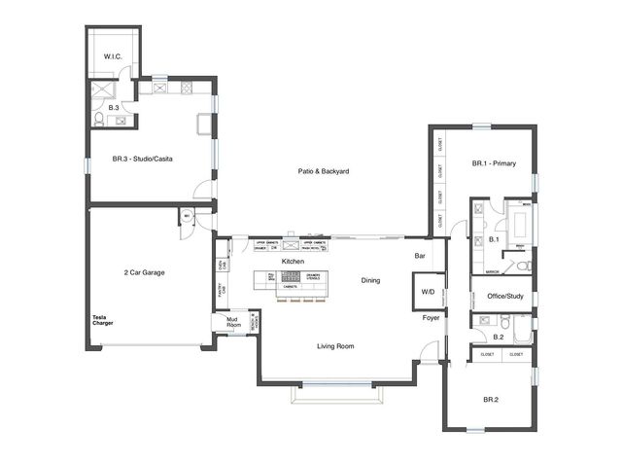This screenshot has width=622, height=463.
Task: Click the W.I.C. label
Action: pos(113,57)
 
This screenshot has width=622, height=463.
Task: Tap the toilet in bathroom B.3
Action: pos(99,121)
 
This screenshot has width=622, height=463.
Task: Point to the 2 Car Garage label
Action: pos(144,273)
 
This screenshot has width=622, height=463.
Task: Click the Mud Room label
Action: pos(233,322)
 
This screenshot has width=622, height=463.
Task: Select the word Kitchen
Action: pos(294,262)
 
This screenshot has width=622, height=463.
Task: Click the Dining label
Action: pos(369,280)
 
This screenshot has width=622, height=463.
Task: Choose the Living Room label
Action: pos(334,345)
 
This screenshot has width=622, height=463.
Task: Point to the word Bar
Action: pos(420,256)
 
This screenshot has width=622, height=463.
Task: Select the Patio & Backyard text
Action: pos(324,171)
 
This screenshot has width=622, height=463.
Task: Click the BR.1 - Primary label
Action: pos(494,163)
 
